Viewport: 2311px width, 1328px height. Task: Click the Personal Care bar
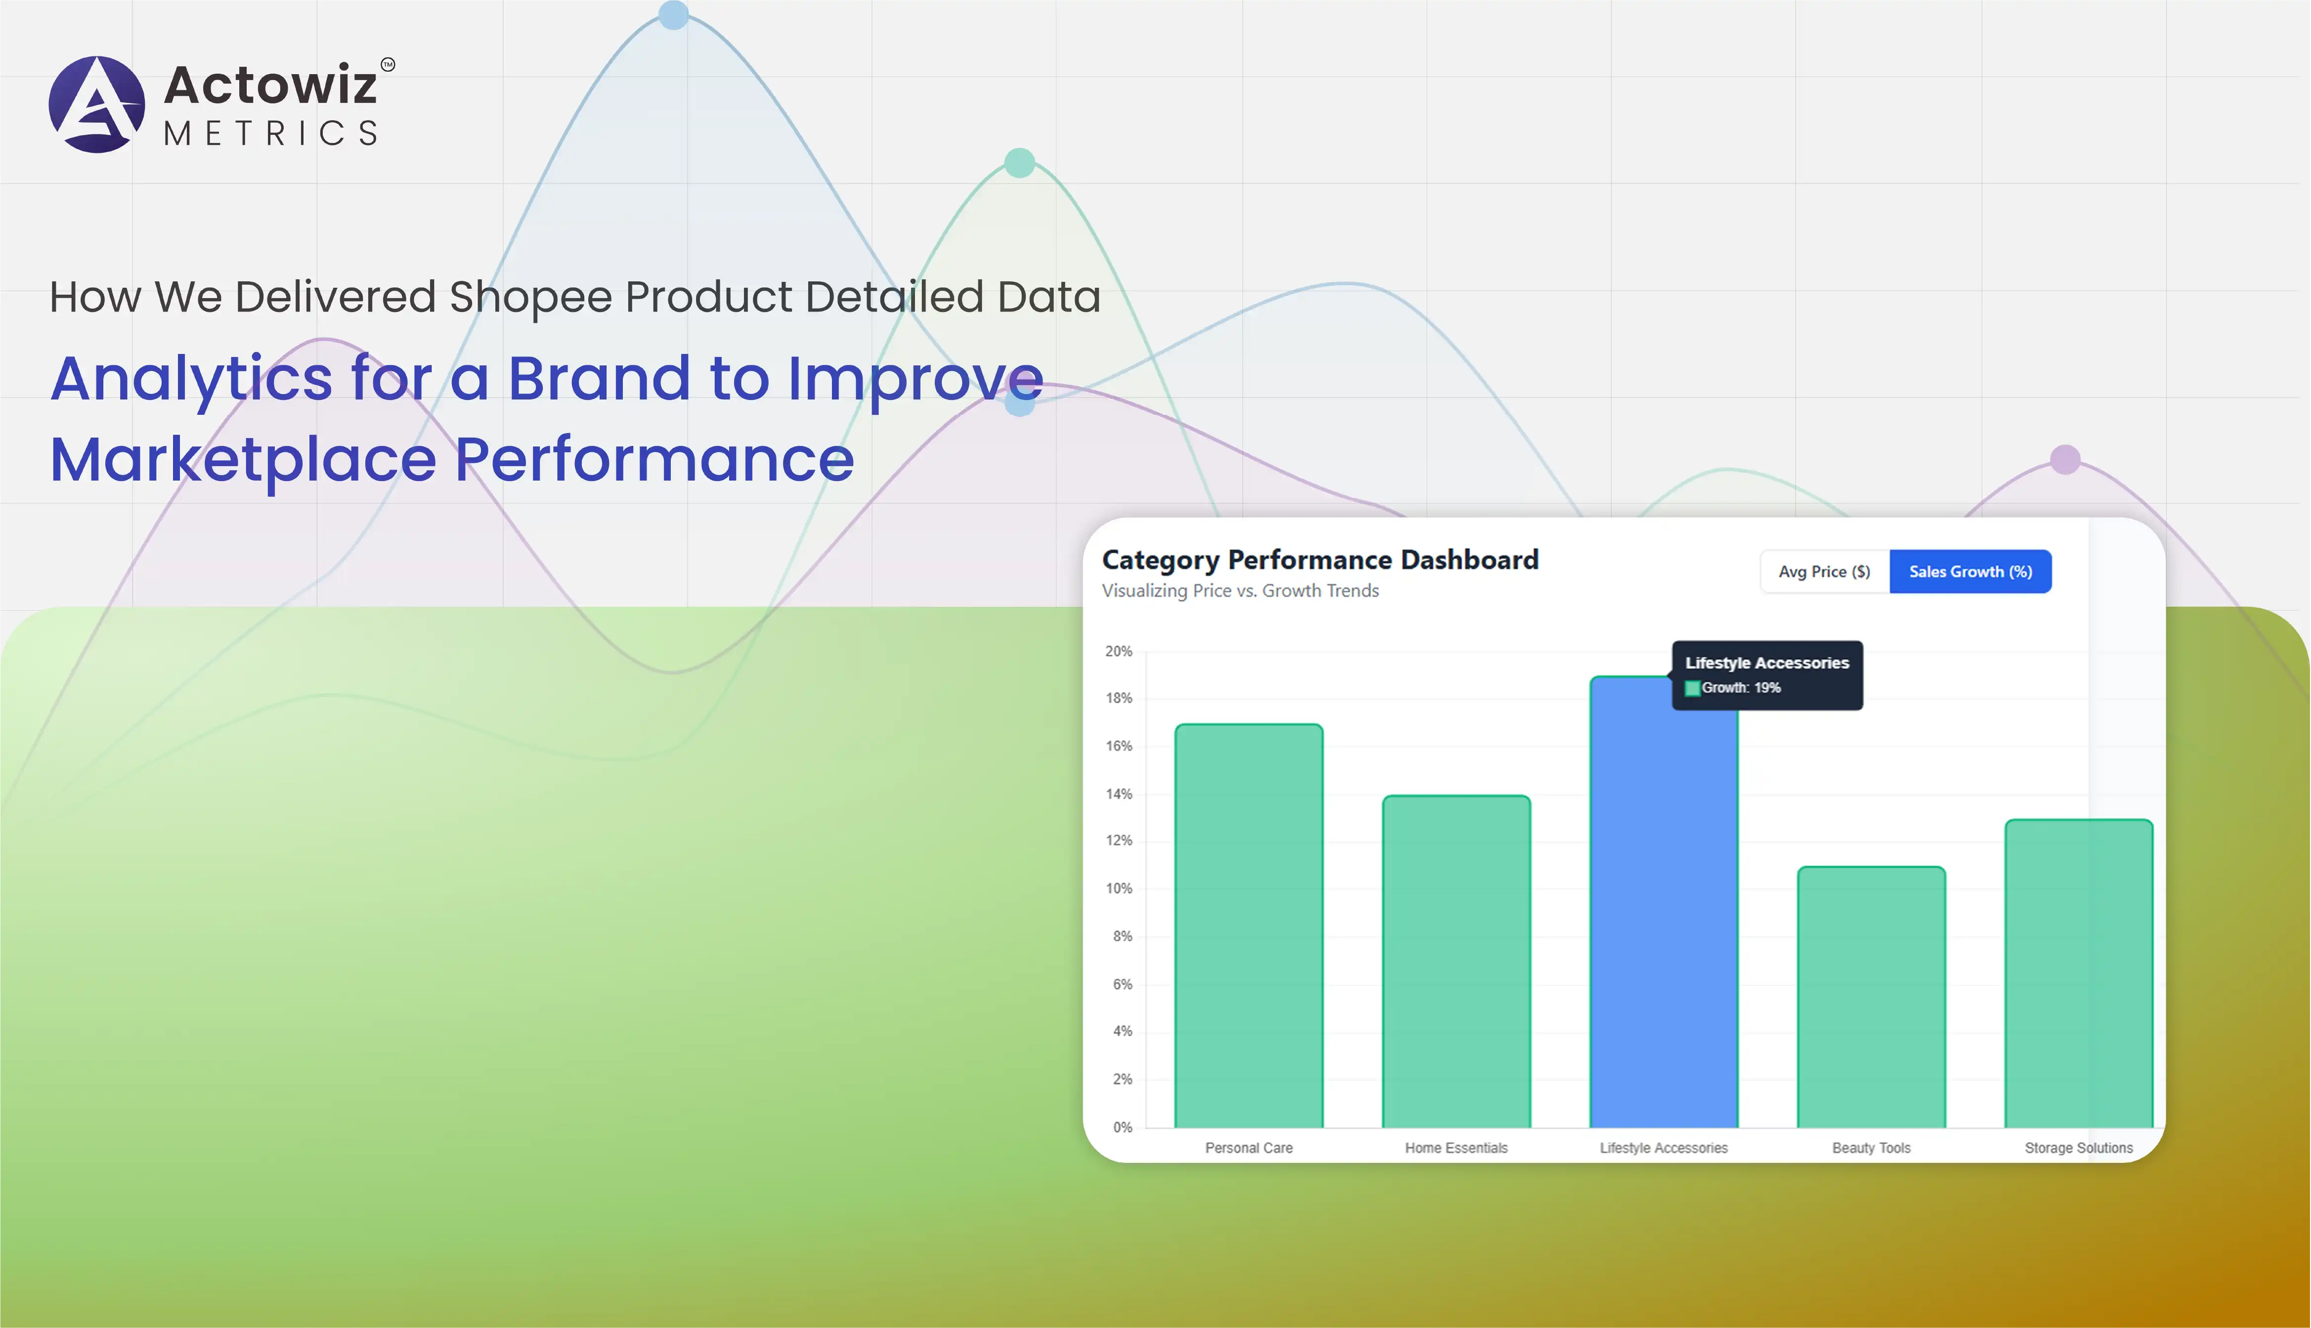1249,926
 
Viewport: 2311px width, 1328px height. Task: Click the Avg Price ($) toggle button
1824,572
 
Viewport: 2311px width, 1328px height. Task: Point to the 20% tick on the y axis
1119,651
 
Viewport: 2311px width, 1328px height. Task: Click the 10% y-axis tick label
1119,888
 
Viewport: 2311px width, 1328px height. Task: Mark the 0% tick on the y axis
1122,1127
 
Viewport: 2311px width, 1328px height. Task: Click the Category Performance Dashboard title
1320,560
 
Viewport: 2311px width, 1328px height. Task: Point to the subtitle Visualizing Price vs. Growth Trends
1240,591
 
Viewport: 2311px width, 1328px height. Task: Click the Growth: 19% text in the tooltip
1741,688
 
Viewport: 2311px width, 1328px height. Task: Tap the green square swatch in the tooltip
1692,689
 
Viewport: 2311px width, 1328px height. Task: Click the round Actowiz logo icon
96,104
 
